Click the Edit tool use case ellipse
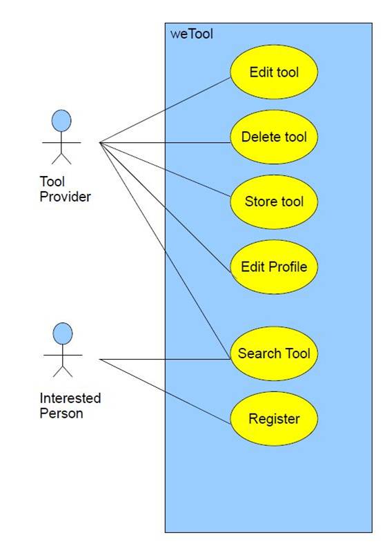coord(274,72)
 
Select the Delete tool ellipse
coord(274,137)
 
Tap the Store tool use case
coord(274,202)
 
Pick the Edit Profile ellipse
coord(274,266)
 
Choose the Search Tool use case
coord(274,353)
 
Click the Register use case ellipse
coord(274,418)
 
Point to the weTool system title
coord(192,34)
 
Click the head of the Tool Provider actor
coord(61,121)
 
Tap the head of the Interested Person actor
coord(63,333)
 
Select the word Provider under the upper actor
coord(65,197)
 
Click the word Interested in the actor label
coord(70,398)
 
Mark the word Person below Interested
coord(61,413)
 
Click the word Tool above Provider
coord(52,182)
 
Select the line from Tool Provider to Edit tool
coord(165,110)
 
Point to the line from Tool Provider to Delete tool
coord(165,142)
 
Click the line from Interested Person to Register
coord(165,392)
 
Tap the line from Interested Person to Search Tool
coord(165,359)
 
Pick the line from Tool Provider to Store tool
coord(165,170)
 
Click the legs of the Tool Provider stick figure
coord(61,159)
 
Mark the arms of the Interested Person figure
coord(63,355)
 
